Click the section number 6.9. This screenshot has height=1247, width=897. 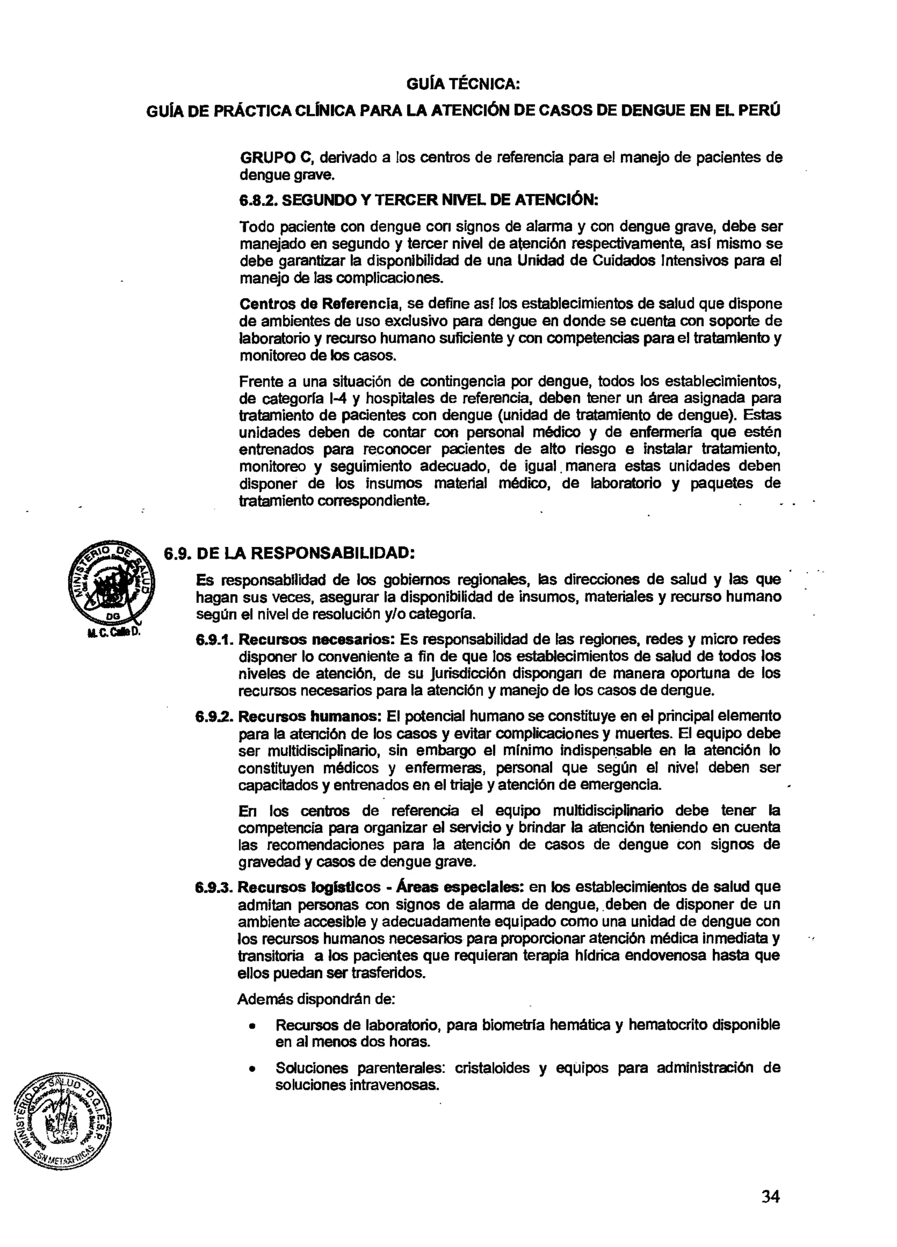click(177, 553)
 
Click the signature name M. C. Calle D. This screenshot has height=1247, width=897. click(114, 632)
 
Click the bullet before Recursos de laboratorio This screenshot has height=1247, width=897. click(252, 1027)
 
